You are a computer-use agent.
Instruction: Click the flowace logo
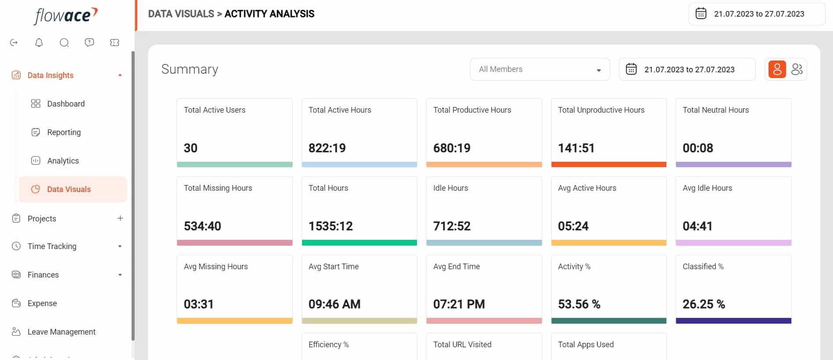[x=66, y=16]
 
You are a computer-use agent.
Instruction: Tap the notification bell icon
[x=39, y=43]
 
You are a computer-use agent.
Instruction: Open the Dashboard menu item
[x=66, y=103]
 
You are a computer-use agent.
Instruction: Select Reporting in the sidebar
[x=64, y=132]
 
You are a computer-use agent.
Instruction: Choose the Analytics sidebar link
[x=63, y=160]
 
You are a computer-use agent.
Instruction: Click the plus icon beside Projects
[x=120, y=218]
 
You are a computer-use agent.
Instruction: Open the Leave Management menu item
[x=61, y=332]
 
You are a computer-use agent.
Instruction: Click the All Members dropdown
[x=540, y=69]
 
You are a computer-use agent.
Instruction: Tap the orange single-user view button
[x=777, y=69]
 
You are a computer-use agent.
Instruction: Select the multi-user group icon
[x=797, y=69]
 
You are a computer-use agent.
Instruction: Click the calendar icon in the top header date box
[x=701, y=14]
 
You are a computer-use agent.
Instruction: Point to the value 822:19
[x=327, y=148]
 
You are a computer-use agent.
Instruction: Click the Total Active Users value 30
[x=190, y=148]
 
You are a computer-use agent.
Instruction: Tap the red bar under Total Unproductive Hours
[x=609, y=164]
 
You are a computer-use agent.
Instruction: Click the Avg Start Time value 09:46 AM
[x=335, y=304]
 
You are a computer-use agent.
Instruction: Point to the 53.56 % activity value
[x=579, y=304]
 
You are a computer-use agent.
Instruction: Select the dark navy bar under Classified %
[x=733, y=321]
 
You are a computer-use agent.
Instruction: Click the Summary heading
[x=190, y=69]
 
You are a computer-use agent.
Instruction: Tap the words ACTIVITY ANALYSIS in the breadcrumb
[x=269, y=14]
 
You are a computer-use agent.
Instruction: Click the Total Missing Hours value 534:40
[x=202, y=226]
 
